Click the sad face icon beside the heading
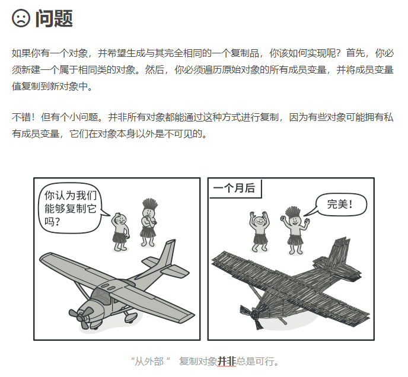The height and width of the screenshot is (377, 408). (21, 18)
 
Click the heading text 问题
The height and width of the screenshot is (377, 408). (54, 18)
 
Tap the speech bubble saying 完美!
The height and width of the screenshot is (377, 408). (338, 205)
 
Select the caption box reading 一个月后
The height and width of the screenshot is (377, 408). (235, 188)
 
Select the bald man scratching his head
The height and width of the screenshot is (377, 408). (120, 232)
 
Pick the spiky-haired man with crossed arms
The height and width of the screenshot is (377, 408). (149, 223)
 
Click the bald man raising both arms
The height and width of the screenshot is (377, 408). (259, 232)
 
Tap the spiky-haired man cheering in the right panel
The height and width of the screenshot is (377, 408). (295, 231)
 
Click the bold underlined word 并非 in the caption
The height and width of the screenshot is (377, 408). (227, 362)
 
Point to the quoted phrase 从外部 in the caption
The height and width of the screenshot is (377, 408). (149, 362)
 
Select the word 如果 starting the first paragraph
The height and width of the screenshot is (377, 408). (21, 53)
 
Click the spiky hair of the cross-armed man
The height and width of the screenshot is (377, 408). (150, 203)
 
